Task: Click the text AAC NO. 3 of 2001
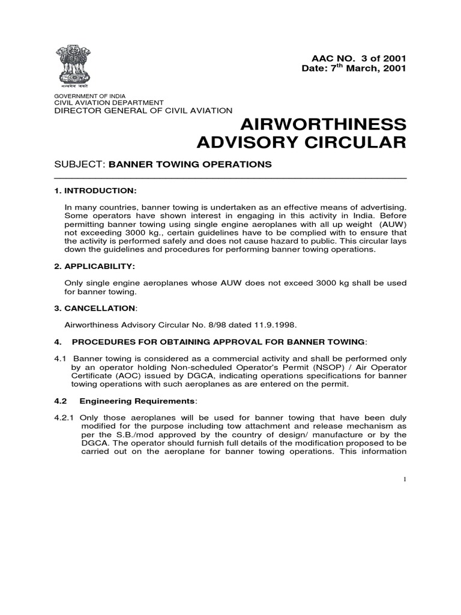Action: tap(358, 58)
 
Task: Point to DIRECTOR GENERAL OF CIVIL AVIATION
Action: tap(143, 111)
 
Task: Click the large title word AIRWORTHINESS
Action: tap(323, 125)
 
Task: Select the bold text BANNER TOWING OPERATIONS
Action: tap(190, 165)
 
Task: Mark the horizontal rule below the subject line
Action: tap(230, 178)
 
